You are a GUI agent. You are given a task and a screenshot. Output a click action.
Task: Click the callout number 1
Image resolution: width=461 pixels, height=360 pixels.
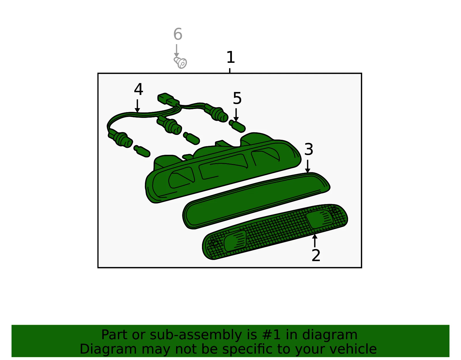click(x=231, y=57)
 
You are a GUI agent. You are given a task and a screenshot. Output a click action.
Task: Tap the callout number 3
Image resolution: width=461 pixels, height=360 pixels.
click(x=309, y=149)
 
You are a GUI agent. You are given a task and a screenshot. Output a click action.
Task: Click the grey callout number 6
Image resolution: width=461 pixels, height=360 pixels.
click(x=178, y=34)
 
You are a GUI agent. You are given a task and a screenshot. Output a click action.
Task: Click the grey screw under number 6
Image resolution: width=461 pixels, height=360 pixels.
click(x=180, y=63)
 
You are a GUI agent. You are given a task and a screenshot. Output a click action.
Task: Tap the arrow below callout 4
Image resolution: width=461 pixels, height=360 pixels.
click(x=137, y=106)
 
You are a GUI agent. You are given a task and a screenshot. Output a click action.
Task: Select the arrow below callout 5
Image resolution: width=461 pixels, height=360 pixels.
click(x=236, y=115)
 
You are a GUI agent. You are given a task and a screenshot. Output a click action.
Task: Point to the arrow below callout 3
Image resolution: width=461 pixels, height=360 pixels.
click(x=308, y=166)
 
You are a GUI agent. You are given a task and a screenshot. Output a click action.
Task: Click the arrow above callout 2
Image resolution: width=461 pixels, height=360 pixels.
click(x=315, y=241)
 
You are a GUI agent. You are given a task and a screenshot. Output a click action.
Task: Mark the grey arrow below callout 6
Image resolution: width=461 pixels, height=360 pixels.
click(x=177, y=51)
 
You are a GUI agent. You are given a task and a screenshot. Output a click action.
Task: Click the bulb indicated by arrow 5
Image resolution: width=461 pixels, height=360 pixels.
click(x=237, y=126)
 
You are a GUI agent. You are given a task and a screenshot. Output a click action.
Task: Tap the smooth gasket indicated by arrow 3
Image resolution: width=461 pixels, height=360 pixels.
click(x=256, y=201)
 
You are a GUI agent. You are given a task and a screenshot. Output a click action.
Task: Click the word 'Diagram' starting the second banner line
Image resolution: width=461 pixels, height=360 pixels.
click(x=108, y=349)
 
